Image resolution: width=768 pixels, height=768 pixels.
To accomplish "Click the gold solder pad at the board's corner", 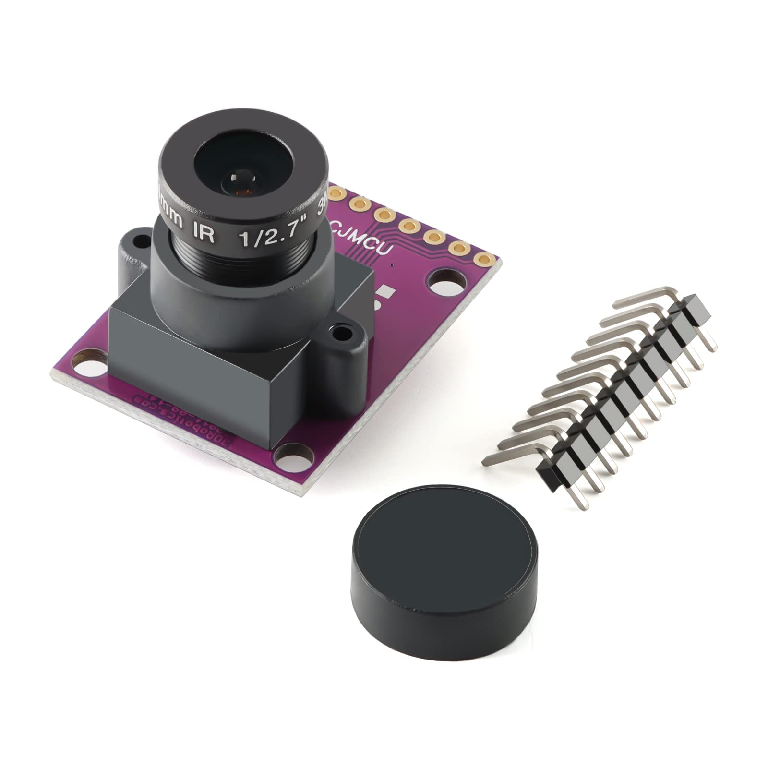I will (x=480, y=258).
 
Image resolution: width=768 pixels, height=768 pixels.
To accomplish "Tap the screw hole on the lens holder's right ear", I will (x=342, y=331).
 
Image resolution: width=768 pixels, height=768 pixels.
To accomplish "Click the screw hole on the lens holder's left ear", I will (x=139, y=240).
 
